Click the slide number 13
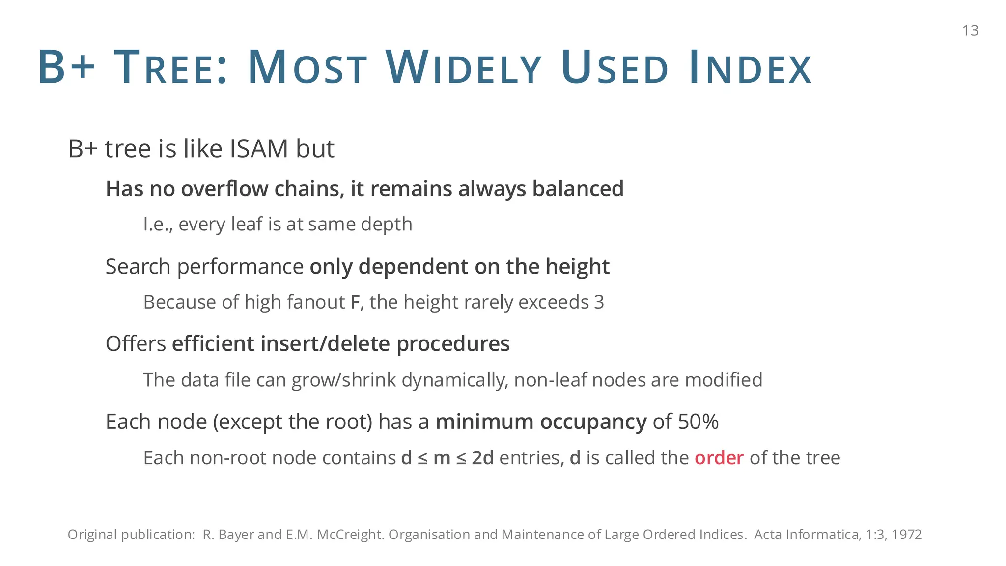pos(970,30)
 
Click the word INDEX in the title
pos(751,68)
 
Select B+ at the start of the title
pos(66,68)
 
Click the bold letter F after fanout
pos(355,302)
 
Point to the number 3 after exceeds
pos(599,302)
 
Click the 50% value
pos(698,422)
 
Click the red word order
pos(719,458)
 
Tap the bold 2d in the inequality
pos(482,458)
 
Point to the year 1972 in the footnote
pos(906,535)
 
